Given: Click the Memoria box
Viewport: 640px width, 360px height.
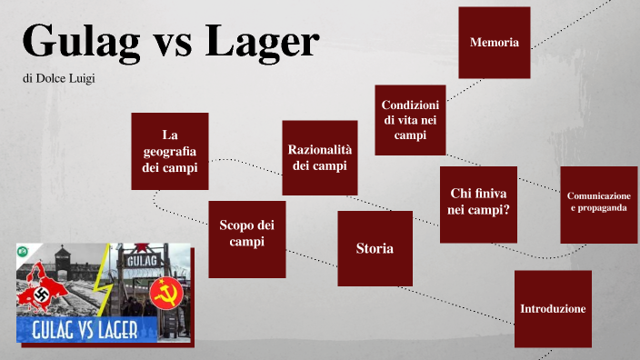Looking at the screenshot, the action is (495, 42).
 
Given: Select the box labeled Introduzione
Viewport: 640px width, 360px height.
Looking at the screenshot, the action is (553, 309).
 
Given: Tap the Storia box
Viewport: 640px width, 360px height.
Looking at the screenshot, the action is (375, 248).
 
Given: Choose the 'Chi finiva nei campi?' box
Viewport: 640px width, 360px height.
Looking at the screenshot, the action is (478, 204).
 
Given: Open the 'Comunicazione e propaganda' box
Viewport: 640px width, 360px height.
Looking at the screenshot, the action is (598, 204).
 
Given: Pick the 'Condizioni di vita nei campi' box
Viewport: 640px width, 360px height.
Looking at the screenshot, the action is (410, 120).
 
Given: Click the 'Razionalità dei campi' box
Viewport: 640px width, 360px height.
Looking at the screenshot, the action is (319, 157).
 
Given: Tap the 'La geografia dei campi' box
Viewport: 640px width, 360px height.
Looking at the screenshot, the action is (169, 151).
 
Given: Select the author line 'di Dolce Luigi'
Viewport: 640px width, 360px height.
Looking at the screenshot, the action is (59, 79).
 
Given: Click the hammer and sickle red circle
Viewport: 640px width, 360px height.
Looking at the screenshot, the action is (165, 293).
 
